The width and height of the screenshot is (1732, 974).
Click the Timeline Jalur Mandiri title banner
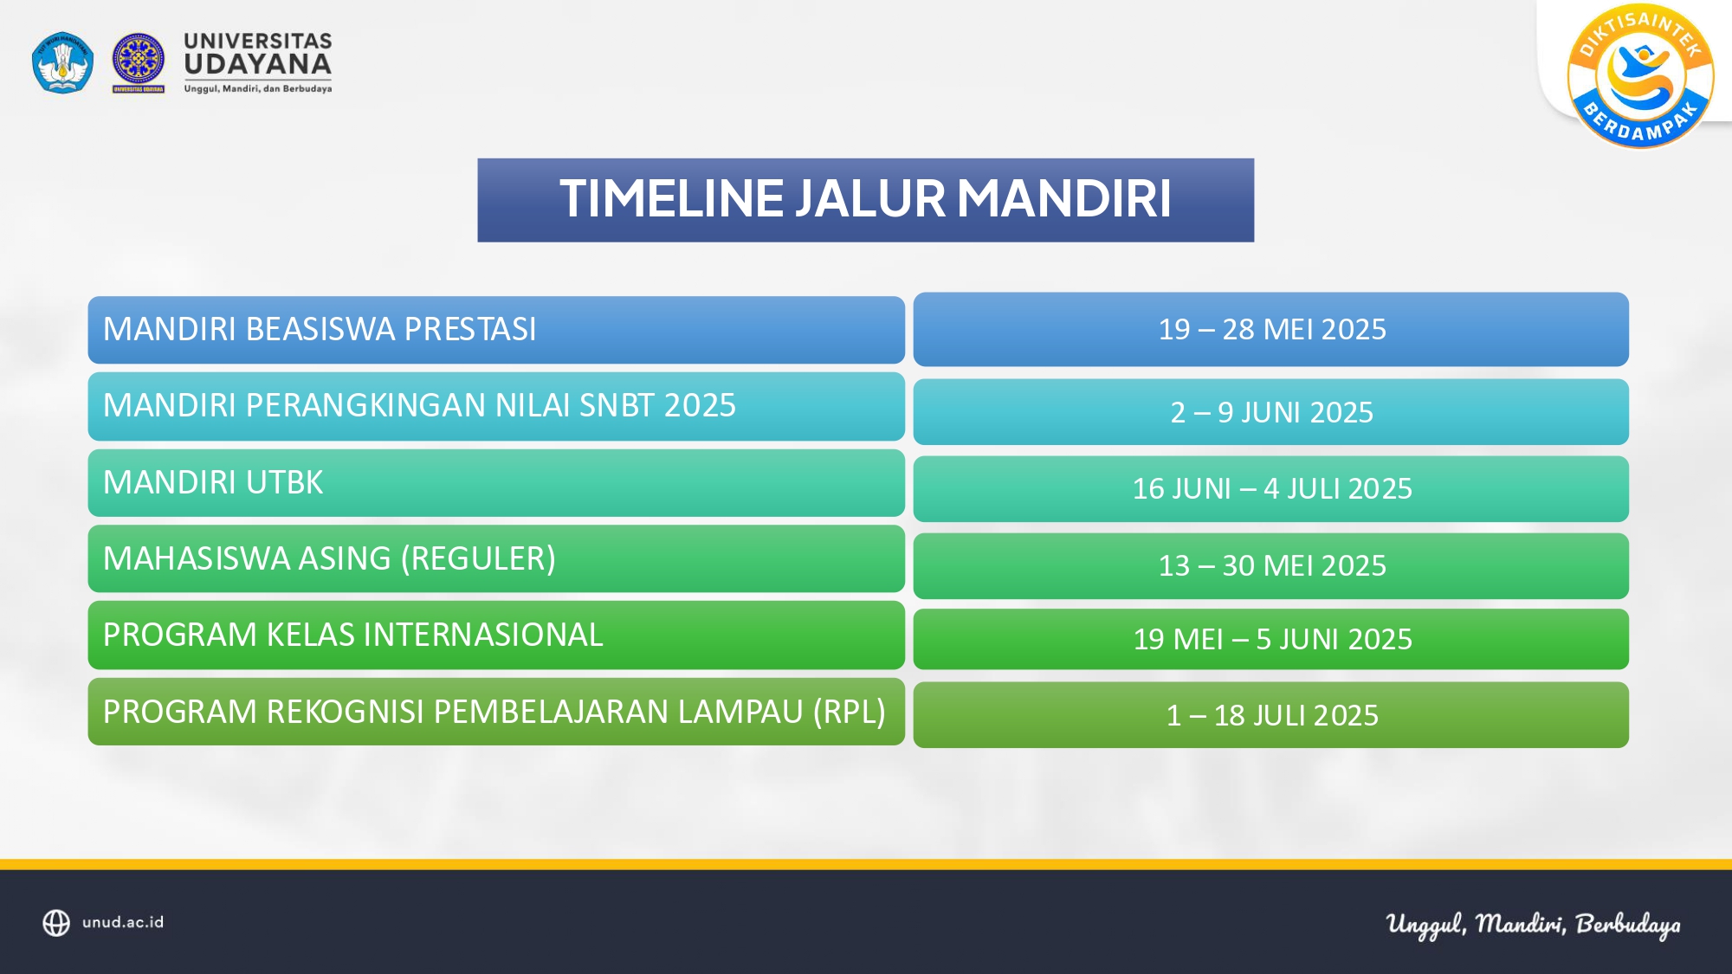pos(865,200)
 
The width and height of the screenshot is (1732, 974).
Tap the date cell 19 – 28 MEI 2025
pos(1270,329)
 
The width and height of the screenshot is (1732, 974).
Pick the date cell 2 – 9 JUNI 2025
pos(1270,412)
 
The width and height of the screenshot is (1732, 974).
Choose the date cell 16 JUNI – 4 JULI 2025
pos(1270,488)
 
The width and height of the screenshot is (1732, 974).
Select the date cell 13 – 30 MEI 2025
pos(1270,565)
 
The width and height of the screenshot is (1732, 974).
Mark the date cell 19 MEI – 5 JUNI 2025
pos(1270,639)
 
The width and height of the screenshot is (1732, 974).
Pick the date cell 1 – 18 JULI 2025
pos(1270,715)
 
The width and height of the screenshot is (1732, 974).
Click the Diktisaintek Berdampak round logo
pos(1640,76)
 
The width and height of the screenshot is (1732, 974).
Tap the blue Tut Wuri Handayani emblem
pos(62,62)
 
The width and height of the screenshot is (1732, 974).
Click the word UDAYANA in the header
pos(258,64)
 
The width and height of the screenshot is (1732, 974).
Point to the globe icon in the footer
pos(56,923)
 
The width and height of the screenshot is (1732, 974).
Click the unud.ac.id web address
pos(123,922)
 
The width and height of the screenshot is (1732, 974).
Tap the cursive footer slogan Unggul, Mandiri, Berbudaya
pos(1533,925)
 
